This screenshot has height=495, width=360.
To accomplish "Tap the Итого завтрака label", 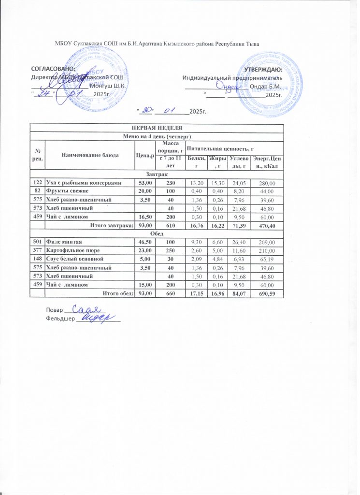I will click(109, 224).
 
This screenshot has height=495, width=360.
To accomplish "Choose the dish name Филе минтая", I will click(61, 241).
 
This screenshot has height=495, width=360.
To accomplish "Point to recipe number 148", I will click(38, 259).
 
